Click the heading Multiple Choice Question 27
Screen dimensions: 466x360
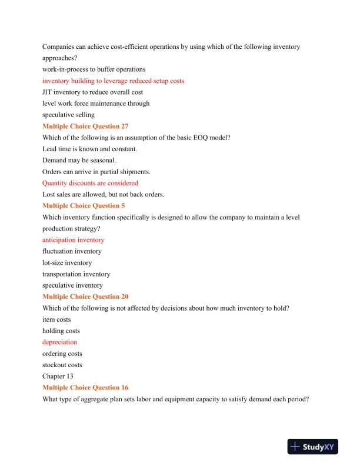pyautogui.click(x=85, y=127)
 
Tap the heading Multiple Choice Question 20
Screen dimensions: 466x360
pyautogui.click(x=85, y=297)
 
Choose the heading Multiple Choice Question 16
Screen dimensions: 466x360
pyautogui.click(x=85, y=388)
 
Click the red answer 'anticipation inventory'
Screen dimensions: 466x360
pyautogui.click(x=74, y=240)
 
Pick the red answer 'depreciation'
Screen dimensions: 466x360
pyautogui.click(x=59, y=342)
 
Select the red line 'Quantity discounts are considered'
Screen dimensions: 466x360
pyautogui.click(x=90, y=184)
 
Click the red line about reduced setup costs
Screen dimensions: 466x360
pyautogui.click(x=113, y=81)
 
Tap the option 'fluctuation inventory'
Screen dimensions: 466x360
pyautogui.click(x=72, y=252)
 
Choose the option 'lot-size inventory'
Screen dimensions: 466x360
pyautogui.click(x=67, y=263)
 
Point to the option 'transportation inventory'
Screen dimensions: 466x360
pyautogui.click(x=76, y=274)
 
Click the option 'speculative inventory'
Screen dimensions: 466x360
pyautogui.click(x=72, y=286)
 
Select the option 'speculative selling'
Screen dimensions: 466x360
pyautogui.click(x=68, y=115)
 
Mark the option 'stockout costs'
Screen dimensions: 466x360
pyautogui.click(x=62, y=365)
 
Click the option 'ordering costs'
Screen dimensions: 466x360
pyautogui.click(x=62, y=354)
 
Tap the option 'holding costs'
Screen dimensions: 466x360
pyautogui.click(x=61, y=331)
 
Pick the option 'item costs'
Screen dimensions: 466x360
pyautogui.click(x=57, y=319)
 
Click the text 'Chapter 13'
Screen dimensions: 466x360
pyautogui.click(x=58, y=377)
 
